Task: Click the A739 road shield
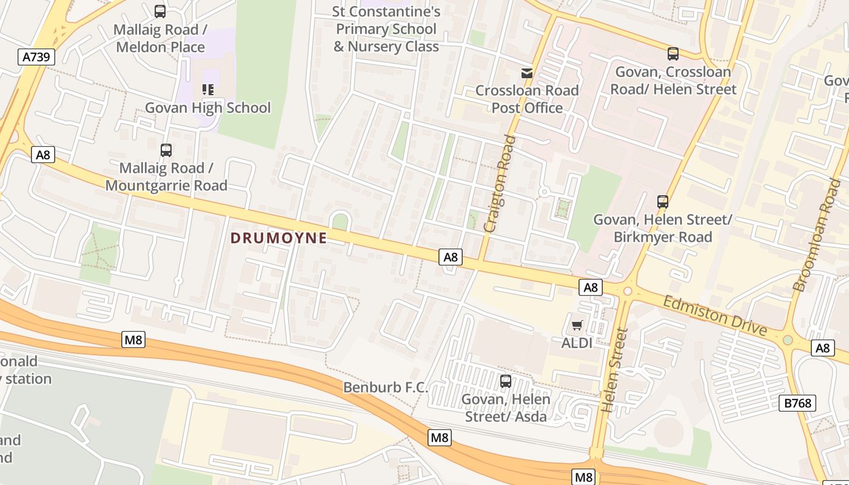(36, 57)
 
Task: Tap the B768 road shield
(797, 403)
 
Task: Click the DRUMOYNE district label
(279, 238)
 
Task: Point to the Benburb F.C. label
(386, 387)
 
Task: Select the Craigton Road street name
(500, 183)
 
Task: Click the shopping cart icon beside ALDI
(577, 325)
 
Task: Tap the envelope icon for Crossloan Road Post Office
(527, 73)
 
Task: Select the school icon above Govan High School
(208, 90)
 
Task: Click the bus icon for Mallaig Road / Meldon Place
(160, 12)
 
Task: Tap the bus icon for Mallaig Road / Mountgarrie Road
(166, 150)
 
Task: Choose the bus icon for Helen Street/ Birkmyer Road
(663, 202)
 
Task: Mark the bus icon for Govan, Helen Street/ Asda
(505, 381)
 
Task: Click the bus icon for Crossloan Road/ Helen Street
(673, 54)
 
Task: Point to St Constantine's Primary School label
(386, 28)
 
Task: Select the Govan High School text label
(208, 108)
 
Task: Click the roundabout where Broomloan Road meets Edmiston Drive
(788, 340)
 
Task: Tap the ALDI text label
(577, 343)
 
